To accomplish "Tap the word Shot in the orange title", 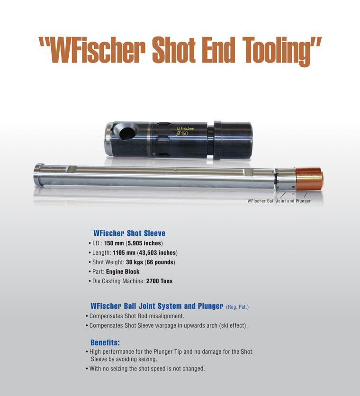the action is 174,50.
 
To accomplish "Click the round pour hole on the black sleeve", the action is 126,132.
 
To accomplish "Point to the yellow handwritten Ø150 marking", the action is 182,134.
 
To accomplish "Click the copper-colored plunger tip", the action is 309,179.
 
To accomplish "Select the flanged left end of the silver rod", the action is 39,175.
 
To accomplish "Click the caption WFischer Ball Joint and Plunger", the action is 279,201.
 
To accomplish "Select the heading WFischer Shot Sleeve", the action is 129,233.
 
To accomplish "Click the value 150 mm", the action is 114,243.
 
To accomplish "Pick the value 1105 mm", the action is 124,252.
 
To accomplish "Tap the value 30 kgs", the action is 135,262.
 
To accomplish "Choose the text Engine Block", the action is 123,272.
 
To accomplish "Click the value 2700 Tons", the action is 160,281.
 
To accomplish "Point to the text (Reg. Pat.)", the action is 237,307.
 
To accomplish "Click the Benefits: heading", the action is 105,343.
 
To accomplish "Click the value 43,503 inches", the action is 158,253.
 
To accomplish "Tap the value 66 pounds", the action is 160,262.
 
